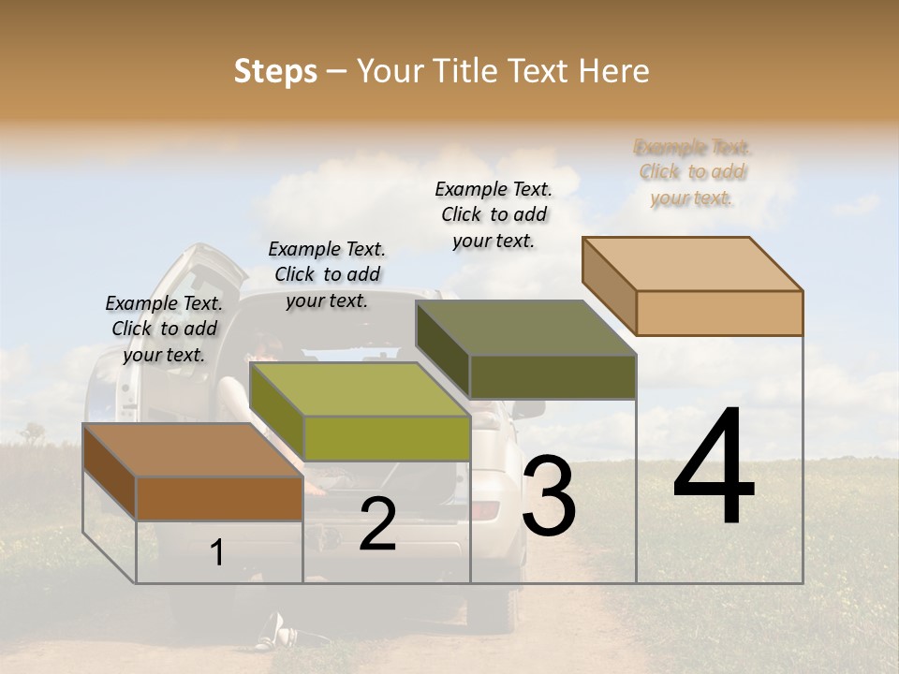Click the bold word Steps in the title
275,71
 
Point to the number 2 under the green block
377,524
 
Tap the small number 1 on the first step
217,552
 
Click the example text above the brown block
164,329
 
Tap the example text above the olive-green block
327,274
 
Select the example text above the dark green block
494,214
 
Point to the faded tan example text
693,172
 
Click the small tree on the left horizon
34,432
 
